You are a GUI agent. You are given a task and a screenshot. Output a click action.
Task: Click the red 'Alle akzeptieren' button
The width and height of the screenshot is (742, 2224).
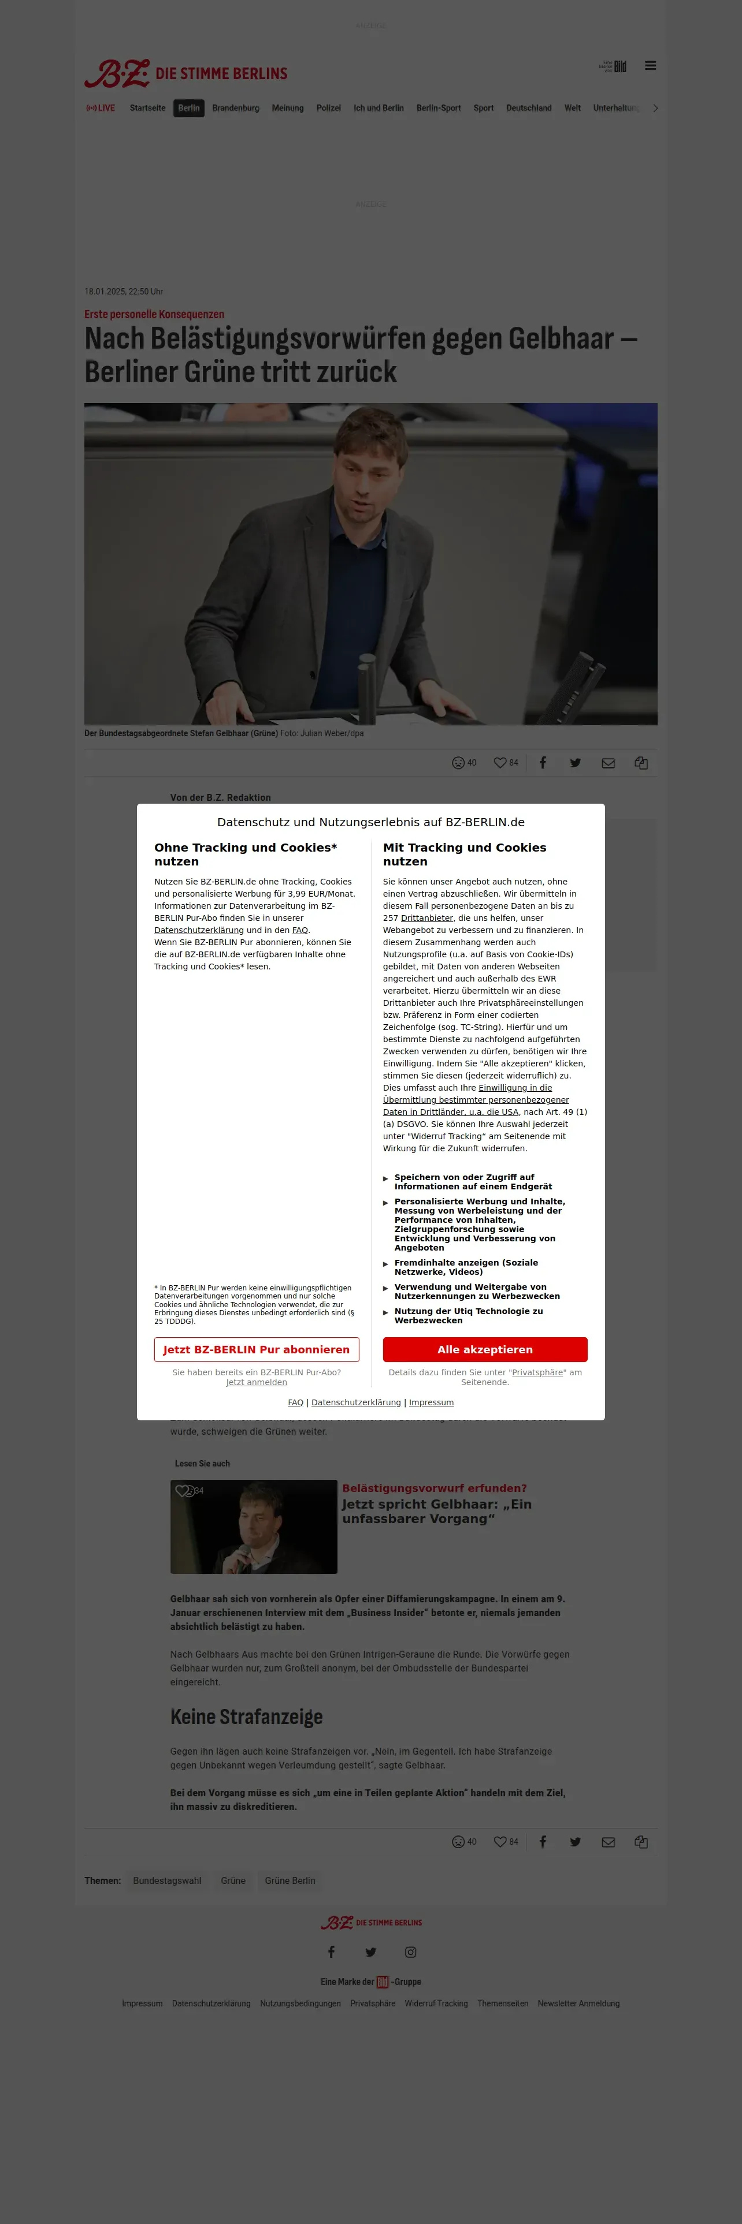click(485, 1349)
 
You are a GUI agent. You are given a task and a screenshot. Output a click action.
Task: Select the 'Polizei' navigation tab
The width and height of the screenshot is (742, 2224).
click(328, 109)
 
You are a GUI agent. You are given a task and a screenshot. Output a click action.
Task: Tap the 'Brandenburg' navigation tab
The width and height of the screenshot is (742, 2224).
click(236, 109)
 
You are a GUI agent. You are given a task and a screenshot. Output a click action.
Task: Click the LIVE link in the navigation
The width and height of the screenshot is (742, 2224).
click(101, 109)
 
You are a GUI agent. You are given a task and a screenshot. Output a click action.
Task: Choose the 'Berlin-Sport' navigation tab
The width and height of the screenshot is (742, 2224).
click(438, 109)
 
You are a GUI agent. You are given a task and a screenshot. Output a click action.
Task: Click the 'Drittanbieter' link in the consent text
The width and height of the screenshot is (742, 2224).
click(426, 918)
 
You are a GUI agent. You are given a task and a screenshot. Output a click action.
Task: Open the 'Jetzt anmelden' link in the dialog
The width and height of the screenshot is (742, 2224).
click(257, 1382)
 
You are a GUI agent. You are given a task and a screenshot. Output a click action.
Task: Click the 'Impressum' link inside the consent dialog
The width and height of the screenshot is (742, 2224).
click(431, 1402)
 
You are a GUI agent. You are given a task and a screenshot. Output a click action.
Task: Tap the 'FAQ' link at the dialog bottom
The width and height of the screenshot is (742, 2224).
click(295, 1402)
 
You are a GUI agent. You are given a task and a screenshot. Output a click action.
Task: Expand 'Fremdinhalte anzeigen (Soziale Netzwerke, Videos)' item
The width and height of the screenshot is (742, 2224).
click(466, 1267)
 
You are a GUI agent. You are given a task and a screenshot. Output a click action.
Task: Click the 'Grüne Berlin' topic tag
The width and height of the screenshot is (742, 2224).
click(290, 1880)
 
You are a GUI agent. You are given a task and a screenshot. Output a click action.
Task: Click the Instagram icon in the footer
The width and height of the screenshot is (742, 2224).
click(410, 1952)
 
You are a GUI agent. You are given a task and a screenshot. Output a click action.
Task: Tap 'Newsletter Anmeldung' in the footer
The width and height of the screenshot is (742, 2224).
click(578, 2003)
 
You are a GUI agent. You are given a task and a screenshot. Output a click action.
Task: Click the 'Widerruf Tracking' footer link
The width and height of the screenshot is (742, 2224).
click(436, 2003)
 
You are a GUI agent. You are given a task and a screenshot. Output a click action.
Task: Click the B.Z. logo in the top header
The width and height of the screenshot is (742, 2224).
click(117, 73)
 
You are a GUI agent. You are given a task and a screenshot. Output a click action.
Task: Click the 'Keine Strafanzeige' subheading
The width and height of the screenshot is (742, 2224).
click(246, 1716)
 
